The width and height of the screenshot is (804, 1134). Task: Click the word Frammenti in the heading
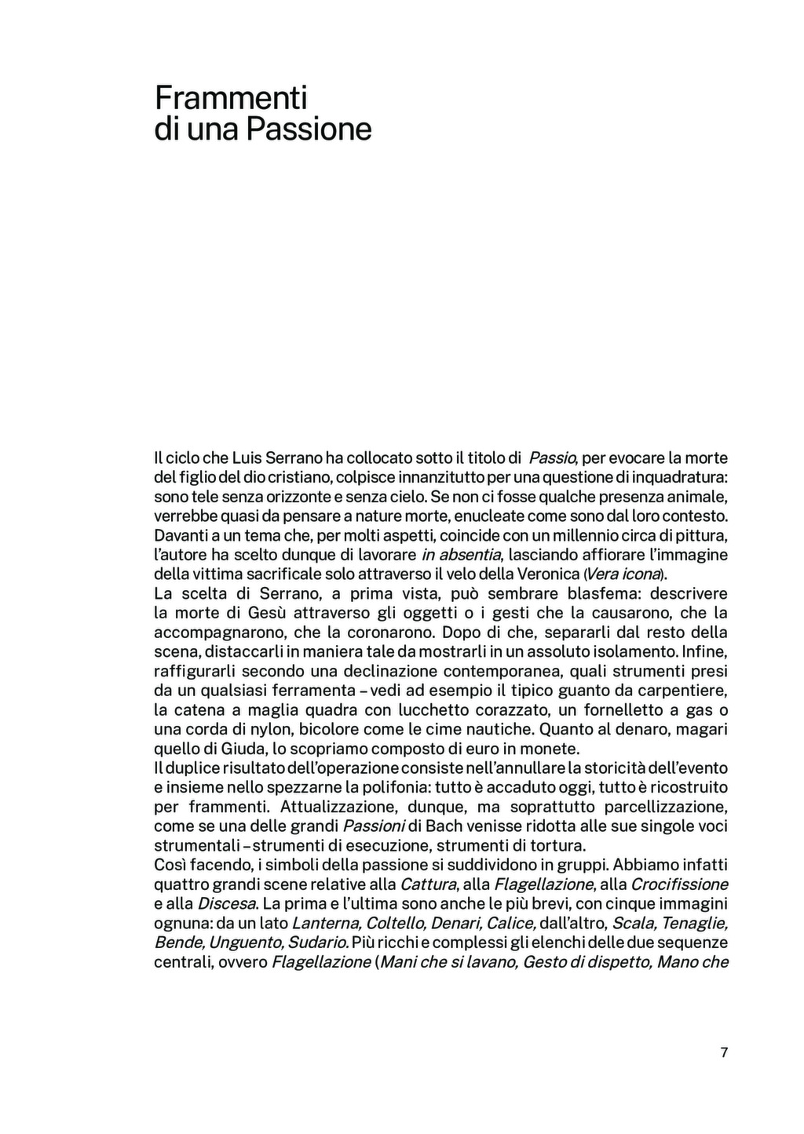231,98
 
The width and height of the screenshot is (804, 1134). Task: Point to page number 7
724,1052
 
